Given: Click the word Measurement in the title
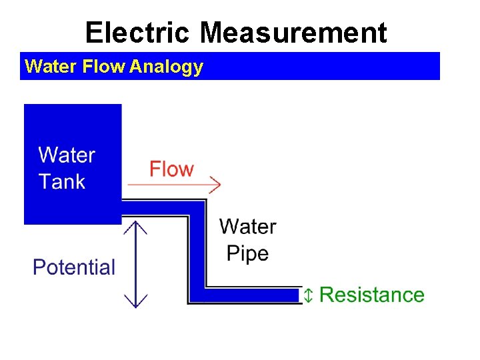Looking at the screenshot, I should point(293,32).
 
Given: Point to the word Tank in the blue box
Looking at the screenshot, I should point(62,181).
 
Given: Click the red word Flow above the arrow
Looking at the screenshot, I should point(171,169).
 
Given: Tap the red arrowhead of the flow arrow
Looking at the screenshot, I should point(215,184).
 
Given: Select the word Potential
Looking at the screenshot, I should point(74,267).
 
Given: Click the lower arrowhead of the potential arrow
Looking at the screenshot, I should point(136,302).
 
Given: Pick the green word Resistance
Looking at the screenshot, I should point(372,295).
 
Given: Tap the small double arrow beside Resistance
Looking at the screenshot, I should point(308,295).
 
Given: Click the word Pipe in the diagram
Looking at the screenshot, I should point(247,253).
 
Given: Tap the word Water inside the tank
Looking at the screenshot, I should point(67,155).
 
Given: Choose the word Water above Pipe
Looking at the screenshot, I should point(247,227).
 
